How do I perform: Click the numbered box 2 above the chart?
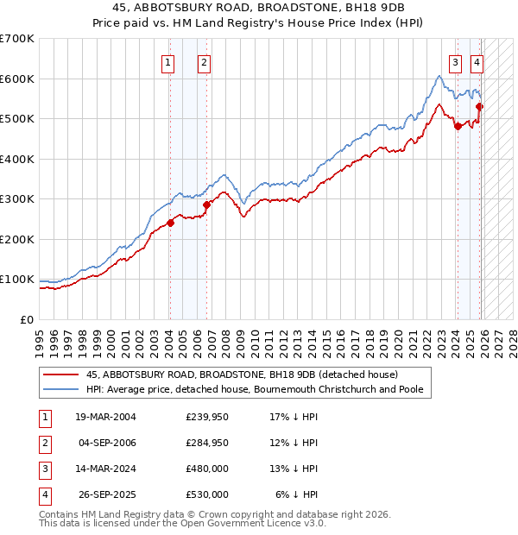pyautogui.click(x=204, y=62)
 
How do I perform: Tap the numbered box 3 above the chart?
pyautogui.click(x=454, y=62)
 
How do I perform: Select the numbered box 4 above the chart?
pyautogui.click(x=477, y=62)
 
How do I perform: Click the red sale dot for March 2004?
pyautogui.click(x=170, y=223)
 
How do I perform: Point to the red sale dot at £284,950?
pyautogui.click(x=207, y=205)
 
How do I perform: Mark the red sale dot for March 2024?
pyautogui.click(x=458, y=126)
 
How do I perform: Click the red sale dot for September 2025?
pyautogui.click(x=480, y=106)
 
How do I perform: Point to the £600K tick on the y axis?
pyautogui.click(x=18, y=79)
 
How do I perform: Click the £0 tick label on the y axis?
pyautogui.click(x=27, y=319)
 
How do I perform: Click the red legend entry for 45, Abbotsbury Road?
pyautogui.click(x=242, y=374)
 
